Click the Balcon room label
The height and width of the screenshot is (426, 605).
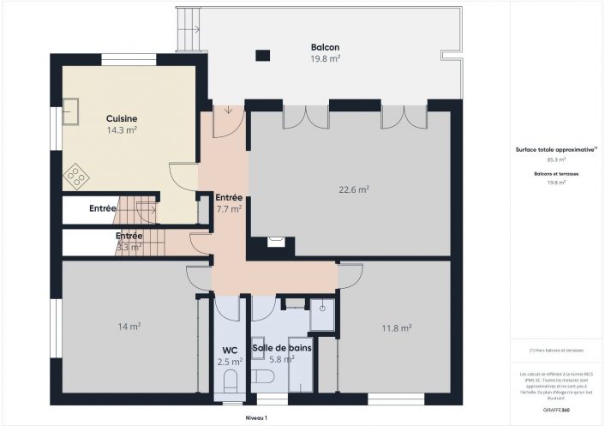point(325,47)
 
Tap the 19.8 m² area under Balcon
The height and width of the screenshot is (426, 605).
point(325,58)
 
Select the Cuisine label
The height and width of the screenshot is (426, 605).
point(122,118)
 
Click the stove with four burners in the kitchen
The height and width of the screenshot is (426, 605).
point(75,177)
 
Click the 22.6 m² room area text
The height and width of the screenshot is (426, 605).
point(352,189)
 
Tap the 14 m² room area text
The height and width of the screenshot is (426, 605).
point(129,326)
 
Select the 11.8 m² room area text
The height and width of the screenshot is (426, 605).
point(396,327)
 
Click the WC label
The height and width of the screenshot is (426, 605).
point(230,351)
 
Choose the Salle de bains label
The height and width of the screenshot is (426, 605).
point(281,348)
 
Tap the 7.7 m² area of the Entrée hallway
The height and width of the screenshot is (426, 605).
point(228,208)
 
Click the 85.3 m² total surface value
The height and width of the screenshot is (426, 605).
point(556,159)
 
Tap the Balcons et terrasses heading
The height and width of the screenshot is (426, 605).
point(556,173)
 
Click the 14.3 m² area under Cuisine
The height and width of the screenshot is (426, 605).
point(122,130)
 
